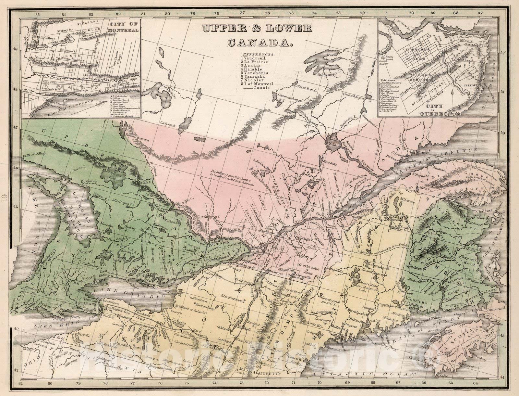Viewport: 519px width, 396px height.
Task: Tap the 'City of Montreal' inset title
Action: coord(124,27)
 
